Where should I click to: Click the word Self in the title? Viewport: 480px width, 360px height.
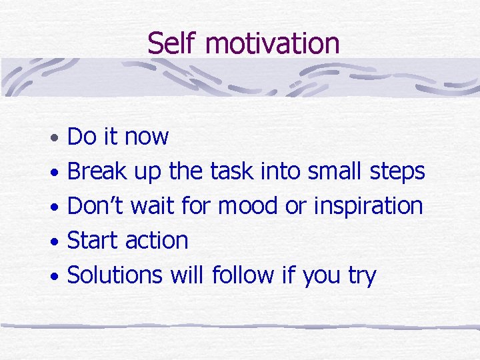pyautogui.click(x=173, y=43)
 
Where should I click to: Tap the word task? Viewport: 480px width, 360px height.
pyautogui.click(x=231, y=171)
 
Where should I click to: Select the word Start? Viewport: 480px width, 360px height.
pyautogui.click(x=95, y=241)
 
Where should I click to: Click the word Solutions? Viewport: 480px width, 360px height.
pyautogui.click(x=115, y=275)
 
